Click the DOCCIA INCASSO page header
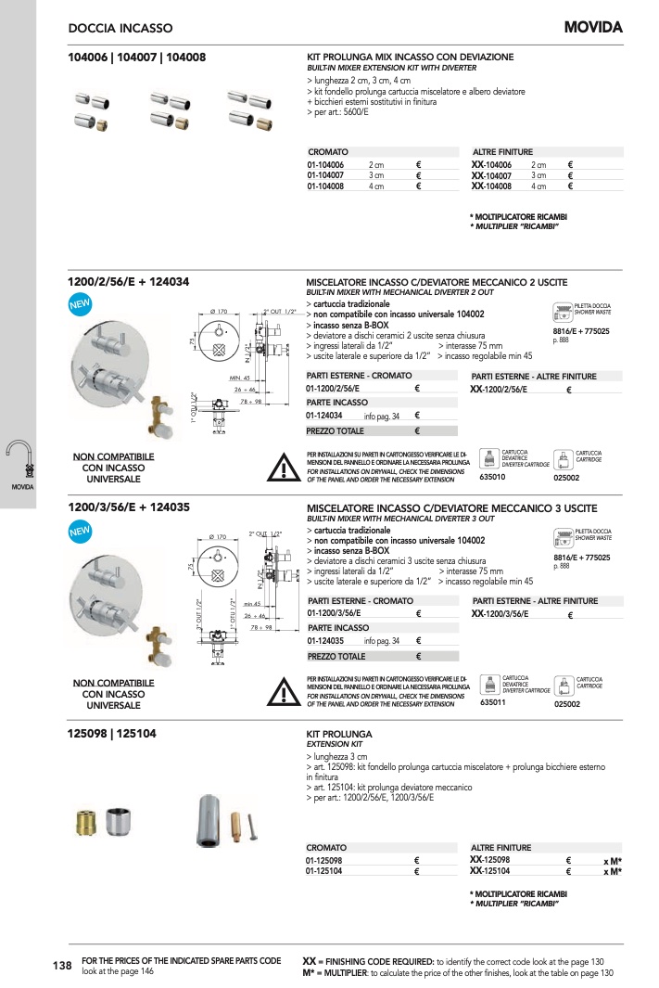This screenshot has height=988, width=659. point(120,29)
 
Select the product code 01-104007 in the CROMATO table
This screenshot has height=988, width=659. point(325,175)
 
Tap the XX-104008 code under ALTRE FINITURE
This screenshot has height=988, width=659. point(491,186)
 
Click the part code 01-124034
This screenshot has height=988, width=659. point(325,417)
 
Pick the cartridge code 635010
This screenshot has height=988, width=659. point(492,477)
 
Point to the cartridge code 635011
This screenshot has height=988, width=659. point(492,703)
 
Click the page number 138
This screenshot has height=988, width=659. point(62,966)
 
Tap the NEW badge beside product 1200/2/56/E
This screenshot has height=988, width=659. point(81,304)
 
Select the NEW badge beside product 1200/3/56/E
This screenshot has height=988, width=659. point(81,531)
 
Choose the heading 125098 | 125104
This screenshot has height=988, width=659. point(112,733)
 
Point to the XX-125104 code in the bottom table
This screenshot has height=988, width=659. point(490,871)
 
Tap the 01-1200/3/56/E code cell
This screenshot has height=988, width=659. point(334,613)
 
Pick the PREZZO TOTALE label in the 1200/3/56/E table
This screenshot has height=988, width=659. point(336,657)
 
